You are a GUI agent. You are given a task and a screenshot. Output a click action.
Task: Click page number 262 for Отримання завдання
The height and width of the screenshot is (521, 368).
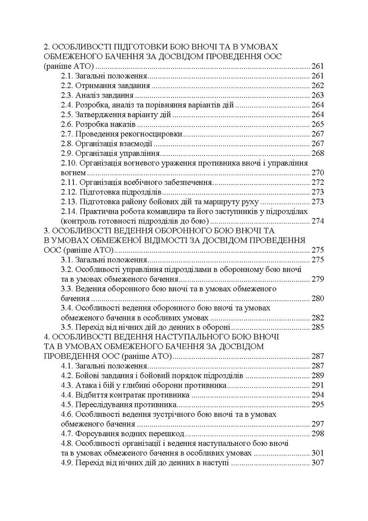coord(317,85)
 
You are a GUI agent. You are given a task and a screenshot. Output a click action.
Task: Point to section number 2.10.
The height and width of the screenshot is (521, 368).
coord(70,163)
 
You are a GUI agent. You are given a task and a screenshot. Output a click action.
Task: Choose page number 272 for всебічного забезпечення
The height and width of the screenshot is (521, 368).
coord(317,182)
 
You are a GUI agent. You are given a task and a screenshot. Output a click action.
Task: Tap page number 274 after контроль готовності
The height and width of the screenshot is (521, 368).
coord(317,221)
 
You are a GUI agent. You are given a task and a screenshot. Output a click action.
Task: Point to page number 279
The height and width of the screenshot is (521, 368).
coord(317,279)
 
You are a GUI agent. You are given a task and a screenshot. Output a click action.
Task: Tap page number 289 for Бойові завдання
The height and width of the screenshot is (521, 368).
coord(317,376)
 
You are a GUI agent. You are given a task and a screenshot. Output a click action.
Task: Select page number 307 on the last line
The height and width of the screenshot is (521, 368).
coord(317,463)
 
